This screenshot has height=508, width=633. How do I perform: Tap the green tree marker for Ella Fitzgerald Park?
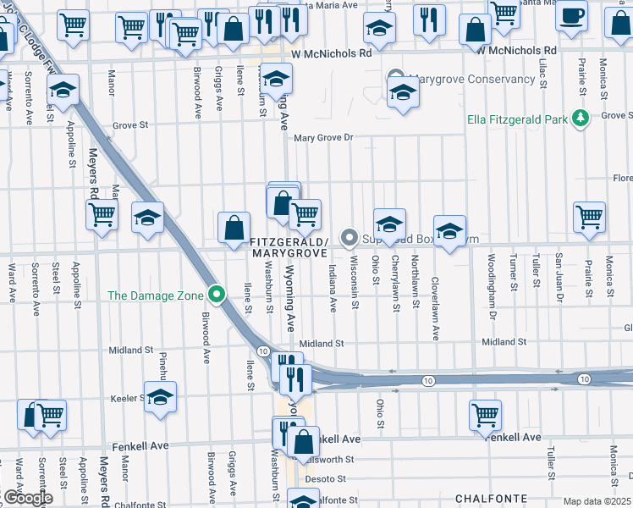(581, 119)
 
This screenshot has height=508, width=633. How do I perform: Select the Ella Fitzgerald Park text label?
(517, 119)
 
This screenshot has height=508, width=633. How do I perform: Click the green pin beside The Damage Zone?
(217, 295)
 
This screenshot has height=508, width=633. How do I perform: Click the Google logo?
(27, 498)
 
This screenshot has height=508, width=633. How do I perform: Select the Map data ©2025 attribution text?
(597, 501)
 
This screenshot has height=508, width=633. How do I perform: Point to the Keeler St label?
(129, 397)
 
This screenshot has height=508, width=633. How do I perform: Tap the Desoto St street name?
(321, 479)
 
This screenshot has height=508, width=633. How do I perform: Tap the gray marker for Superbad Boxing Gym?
(349, 238)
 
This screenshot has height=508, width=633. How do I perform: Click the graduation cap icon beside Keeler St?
(160, 397)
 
